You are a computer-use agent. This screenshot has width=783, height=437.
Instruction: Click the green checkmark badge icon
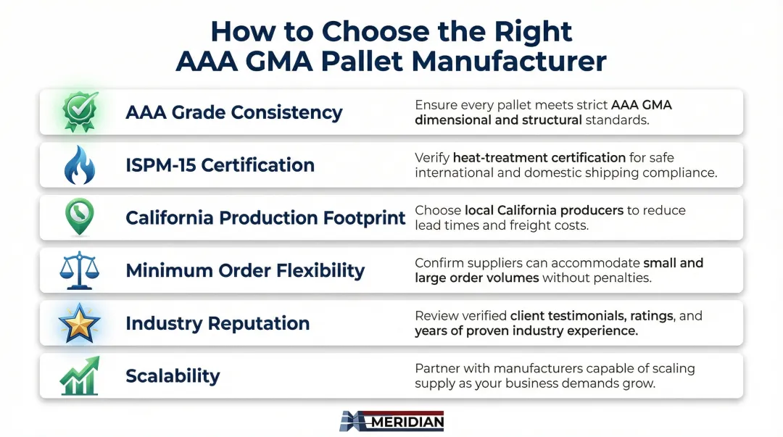click(80, 112)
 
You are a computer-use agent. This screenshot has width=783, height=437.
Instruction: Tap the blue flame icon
click(80, 165)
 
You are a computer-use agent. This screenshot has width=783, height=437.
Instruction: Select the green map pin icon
click(80, 217)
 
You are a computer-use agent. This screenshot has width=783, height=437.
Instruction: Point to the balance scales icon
click(80, 270)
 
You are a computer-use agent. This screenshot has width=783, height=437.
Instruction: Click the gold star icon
click(80, 323)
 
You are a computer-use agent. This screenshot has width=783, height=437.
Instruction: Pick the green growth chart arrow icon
click(80, 375)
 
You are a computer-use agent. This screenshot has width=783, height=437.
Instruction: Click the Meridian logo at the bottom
click(391, 421)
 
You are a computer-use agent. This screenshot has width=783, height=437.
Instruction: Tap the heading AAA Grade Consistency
click(233, 112)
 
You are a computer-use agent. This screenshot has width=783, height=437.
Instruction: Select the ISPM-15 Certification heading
click(220, 165)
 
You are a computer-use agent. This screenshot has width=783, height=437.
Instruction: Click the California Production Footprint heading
click(265, 217)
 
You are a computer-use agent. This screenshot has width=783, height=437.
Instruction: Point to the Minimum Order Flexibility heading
click(245, 270)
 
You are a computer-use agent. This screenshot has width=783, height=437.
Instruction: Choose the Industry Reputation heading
click(217, 323)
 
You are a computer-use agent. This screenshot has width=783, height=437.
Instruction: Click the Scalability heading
click(173, 376)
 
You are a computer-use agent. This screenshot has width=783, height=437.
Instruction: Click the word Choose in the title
click(375, 31)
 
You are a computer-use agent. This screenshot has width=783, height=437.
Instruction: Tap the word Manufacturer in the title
click(509, 61)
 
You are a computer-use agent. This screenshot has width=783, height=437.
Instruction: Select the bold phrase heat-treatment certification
click(539, 158)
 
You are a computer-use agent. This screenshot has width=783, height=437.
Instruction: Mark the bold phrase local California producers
click(544, 210)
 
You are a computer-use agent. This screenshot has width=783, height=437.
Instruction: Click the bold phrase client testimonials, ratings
click(592, 316)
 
